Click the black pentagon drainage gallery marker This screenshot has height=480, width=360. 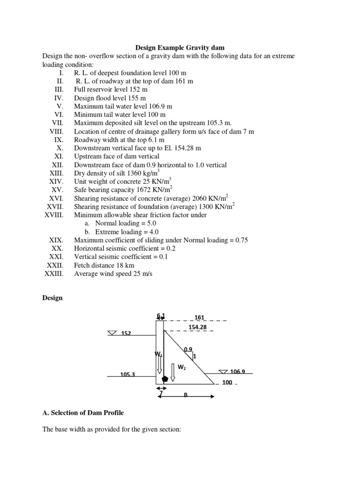(165, 379)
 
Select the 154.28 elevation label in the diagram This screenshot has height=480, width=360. (198, 327)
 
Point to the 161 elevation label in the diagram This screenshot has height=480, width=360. (194, 317)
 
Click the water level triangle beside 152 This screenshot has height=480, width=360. (113, 333)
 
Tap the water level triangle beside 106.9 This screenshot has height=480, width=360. (223, 372)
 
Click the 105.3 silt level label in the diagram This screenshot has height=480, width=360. (128, 375)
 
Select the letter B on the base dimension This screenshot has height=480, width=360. (185, 395)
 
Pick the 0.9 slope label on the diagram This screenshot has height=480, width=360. (188, 349)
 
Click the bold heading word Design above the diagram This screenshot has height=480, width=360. (52, 298)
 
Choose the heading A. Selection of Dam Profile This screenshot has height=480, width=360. (83, 412)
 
